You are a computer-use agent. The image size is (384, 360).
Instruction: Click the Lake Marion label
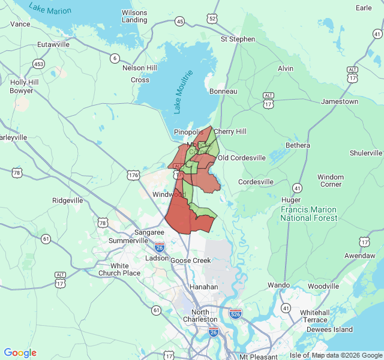(50, 9)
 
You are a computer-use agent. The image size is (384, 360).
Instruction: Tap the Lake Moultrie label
(184, 92)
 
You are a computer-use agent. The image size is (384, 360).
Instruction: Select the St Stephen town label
(238, 39)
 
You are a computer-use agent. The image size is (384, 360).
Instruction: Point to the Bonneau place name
(223, 91)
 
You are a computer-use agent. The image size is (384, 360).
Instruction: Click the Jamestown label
(340, 102)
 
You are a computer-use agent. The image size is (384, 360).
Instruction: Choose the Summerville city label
(128, 241)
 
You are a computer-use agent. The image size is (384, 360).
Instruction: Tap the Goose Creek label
(191, 260)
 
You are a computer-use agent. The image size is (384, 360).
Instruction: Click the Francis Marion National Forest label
(308, 214)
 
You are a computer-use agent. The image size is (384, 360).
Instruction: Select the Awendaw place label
(361, 255)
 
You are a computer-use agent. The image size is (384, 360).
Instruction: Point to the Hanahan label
(204, 287)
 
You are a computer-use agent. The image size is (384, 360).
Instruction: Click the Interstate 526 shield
(235, 313)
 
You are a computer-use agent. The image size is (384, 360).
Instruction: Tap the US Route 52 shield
(212, 19)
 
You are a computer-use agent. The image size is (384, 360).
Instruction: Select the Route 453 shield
(38, 64)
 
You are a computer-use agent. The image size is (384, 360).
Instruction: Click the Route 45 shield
(180, 22)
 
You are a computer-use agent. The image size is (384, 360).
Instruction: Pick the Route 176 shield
(133, 175)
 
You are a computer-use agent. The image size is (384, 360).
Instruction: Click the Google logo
(20, 353)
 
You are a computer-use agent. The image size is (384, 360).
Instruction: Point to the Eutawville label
(53, 44)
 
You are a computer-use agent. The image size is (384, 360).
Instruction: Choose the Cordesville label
(256, 182)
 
